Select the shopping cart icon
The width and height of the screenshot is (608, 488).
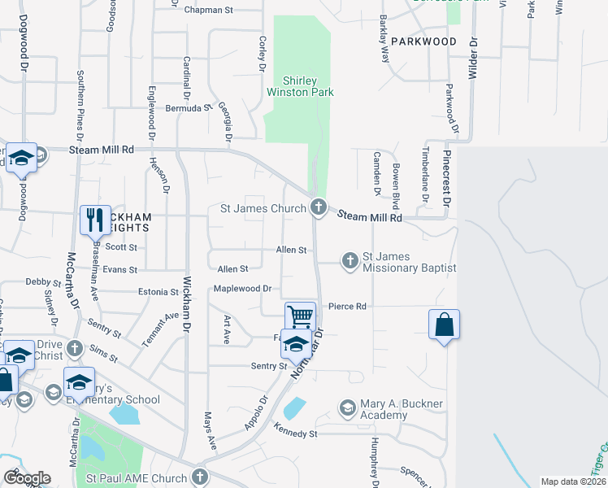pyautogui.click(x=300, y=316)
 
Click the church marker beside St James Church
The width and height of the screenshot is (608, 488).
pyautogui.click(x=319, y=208)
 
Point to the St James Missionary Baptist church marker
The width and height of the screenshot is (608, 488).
pyautogui.click(x=350, y=261)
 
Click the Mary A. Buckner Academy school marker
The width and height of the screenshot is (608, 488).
pyautogui.click(x=348, y=407)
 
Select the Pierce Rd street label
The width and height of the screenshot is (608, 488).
pyautogui.click(x=348, y=307)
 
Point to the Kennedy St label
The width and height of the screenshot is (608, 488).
pyautogui.click(x=295, y=434)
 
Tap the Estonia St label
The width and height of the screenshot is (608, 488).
pyautogui.click(x=158, y=292)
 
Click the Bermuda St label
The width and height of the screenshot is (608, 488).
pyautogui.click(x=188, y=107)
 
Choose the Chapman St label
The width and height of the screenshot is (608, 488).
pyautogui.click(x=209, y=11)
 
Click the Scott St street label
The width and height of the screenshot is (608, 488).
pyautogui.click(x=121, y=247)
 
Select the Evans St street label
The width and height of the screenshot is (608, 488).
pyautogui.click(x=120, y=269)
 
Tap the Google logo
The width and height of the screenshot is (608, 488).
pyautogui.click(x=27, y=478)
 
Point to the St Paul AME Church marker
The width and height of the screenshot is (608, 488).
pyautogui.click(x=200, y=477)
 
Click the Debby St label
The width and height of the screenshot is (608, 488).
pyautogui.click(x=38, y=282)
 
